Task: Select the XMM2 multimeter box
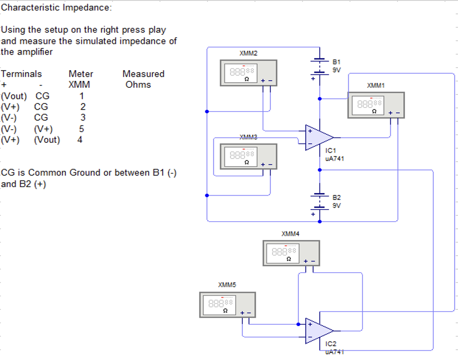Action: pos(248,73)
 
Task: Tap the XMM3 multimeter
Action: pos(248,156)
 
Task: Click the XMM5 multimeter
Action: pos(227,304)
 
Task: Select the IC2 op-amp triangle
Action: pos(318,331)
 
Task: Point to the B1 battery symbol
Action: pos(319,66)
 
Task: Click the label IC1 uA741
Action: pos(335,155)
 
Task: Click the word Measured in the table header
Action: pos(143,74)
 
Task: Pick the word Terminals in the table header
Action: pos(22,74)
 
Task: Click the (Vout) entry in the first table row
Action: pos(14,96)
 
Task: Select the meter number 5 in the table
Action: pos(81,129)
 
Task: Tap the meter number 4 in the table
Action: pos(80,140)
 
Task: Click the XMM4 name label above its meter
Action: pos(290,234)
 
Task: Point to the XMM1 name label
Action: pos(376,85)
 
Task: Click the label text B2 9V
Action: pos(337,201)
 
